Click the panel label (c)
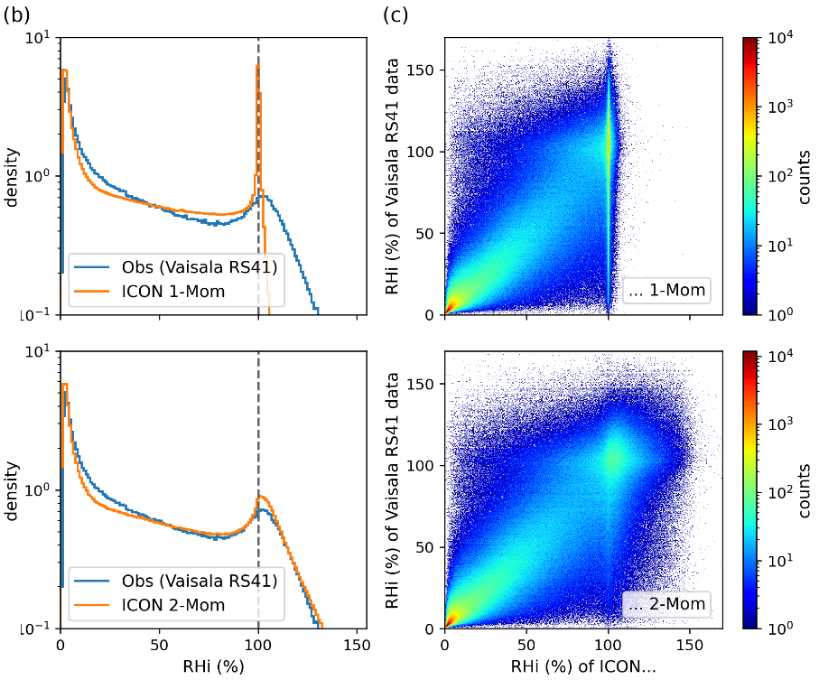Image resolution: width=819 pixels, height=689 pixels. pos(398,14)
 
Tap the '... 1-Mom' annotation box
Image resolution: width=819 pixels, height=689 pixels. pos(667,291)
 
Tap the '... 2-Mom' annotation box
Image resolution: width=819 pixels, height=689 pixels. pos(667,604)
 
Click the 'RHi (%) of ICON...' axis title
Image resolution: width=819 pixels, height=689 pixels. pos(583,670)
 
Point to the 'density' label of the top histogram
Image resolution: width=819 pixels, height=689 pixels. pos(12,176)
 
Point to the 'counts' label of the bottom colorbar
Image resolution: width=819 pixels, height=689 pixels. pos(804,489)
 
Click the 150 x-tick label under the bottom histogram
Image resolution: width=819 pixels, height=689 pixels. pos(357,647)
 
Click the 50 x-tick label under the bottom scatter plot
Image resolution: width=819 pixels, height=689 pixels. pos(526,647)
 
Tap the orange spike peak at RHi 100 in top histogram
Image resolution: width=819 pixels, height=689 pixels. pos(257,66)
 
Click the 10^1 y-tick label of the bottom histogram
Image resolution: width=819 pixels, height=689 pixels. pos(36,351)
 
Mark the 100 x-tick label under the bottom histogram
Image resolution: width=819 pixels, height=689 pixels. pos(258,647)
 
